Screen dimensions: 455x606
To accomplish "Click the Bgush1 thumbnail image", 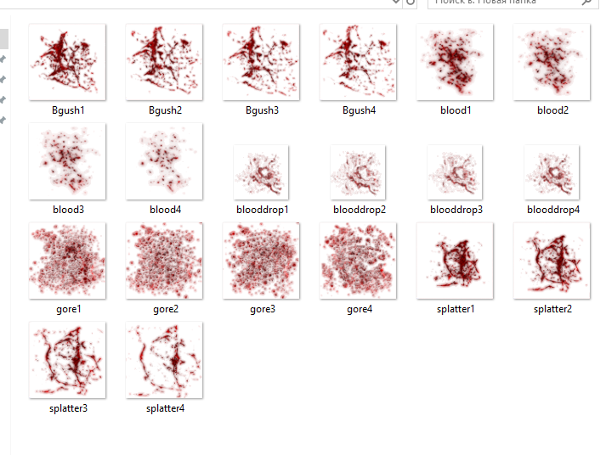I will pos(67,62).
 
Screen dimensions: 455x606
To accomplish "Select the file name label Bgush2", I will pos(165,110).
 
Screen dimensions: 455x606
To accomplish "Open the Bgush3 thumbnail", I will pos(261,62).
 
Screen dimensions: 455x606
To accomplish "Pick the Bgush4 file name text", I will pos(359,110).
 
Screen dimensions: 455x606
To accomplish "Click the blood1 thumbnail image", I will pos(455,62).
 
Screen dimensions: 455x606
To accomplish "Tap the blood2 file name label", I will pos(552,110).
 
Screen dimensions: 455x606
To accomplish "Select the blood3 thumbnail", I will pos(67,161).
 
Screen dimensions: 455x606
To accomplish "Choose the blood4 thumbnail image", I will pos(164,161).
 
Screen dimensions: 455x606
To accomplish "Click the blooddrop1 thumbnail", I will pos(261,172).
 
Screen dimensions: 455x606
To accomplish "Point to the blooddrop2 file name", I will pos(359,210).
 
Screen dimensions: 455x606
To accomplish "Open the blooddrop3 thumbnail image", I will pos(455,172).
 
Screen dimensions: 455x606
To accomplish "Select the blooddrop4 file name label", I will pos(552,210).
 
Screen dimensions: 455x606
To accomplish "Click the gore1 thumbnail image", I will pos(67,261).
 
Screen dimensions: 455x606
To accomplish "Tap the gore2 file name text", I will pos(165,309).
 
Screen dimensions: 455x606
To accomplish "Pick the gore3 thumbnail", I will pos(261,261).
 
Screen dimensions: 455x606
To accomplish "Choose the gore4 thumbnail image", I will pos(358,261).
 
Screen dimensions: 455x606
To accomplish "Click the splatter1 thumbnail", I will pos(455,261).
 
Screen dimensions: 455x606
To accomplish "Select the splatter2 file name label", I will pos(552,309).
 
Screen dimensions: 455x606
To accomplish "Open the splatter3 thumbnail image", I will pos(67,360).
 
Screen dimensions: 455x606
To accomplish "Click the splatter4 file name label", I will pos(165,408).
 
